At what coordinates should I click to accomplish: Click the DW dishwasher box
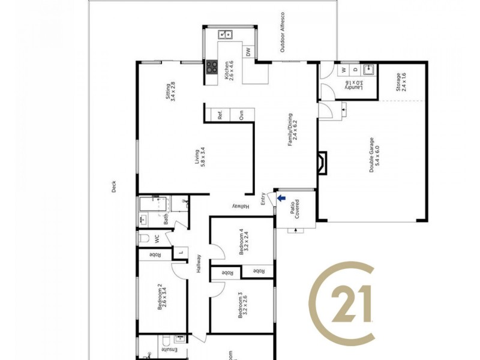(248, 52)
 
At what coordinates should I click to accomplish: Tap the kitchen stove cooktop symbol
(211, 67)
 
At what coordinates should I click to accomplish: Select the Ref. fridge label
(220, 115)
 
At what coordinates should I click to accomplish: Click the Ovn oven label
(242, 115)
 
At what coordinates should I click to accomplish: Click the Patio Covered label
(293, 208)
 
